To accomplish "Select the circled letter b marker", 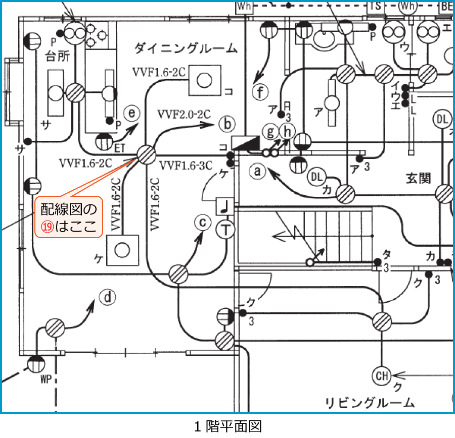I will point(227,123).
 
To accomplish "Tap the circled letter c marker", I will point(203,223).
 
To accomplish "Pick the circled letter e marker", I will point(132,114).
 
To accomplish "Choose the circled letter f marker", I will point(260,93).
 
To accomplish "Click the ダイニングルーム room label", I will point(186,49).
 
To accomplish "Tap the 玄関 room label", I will point(418,178).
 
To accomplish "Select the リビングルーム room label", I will point(370,403).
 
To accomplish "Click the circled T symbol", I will point(226,231).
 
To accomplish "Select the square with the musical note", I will point(224,206).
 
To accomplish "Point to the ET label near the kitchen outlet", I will point(120,147).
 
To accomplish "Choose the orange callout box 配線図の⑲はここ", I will point(69,218).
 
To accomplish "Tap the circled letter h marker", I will point(287,132).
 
